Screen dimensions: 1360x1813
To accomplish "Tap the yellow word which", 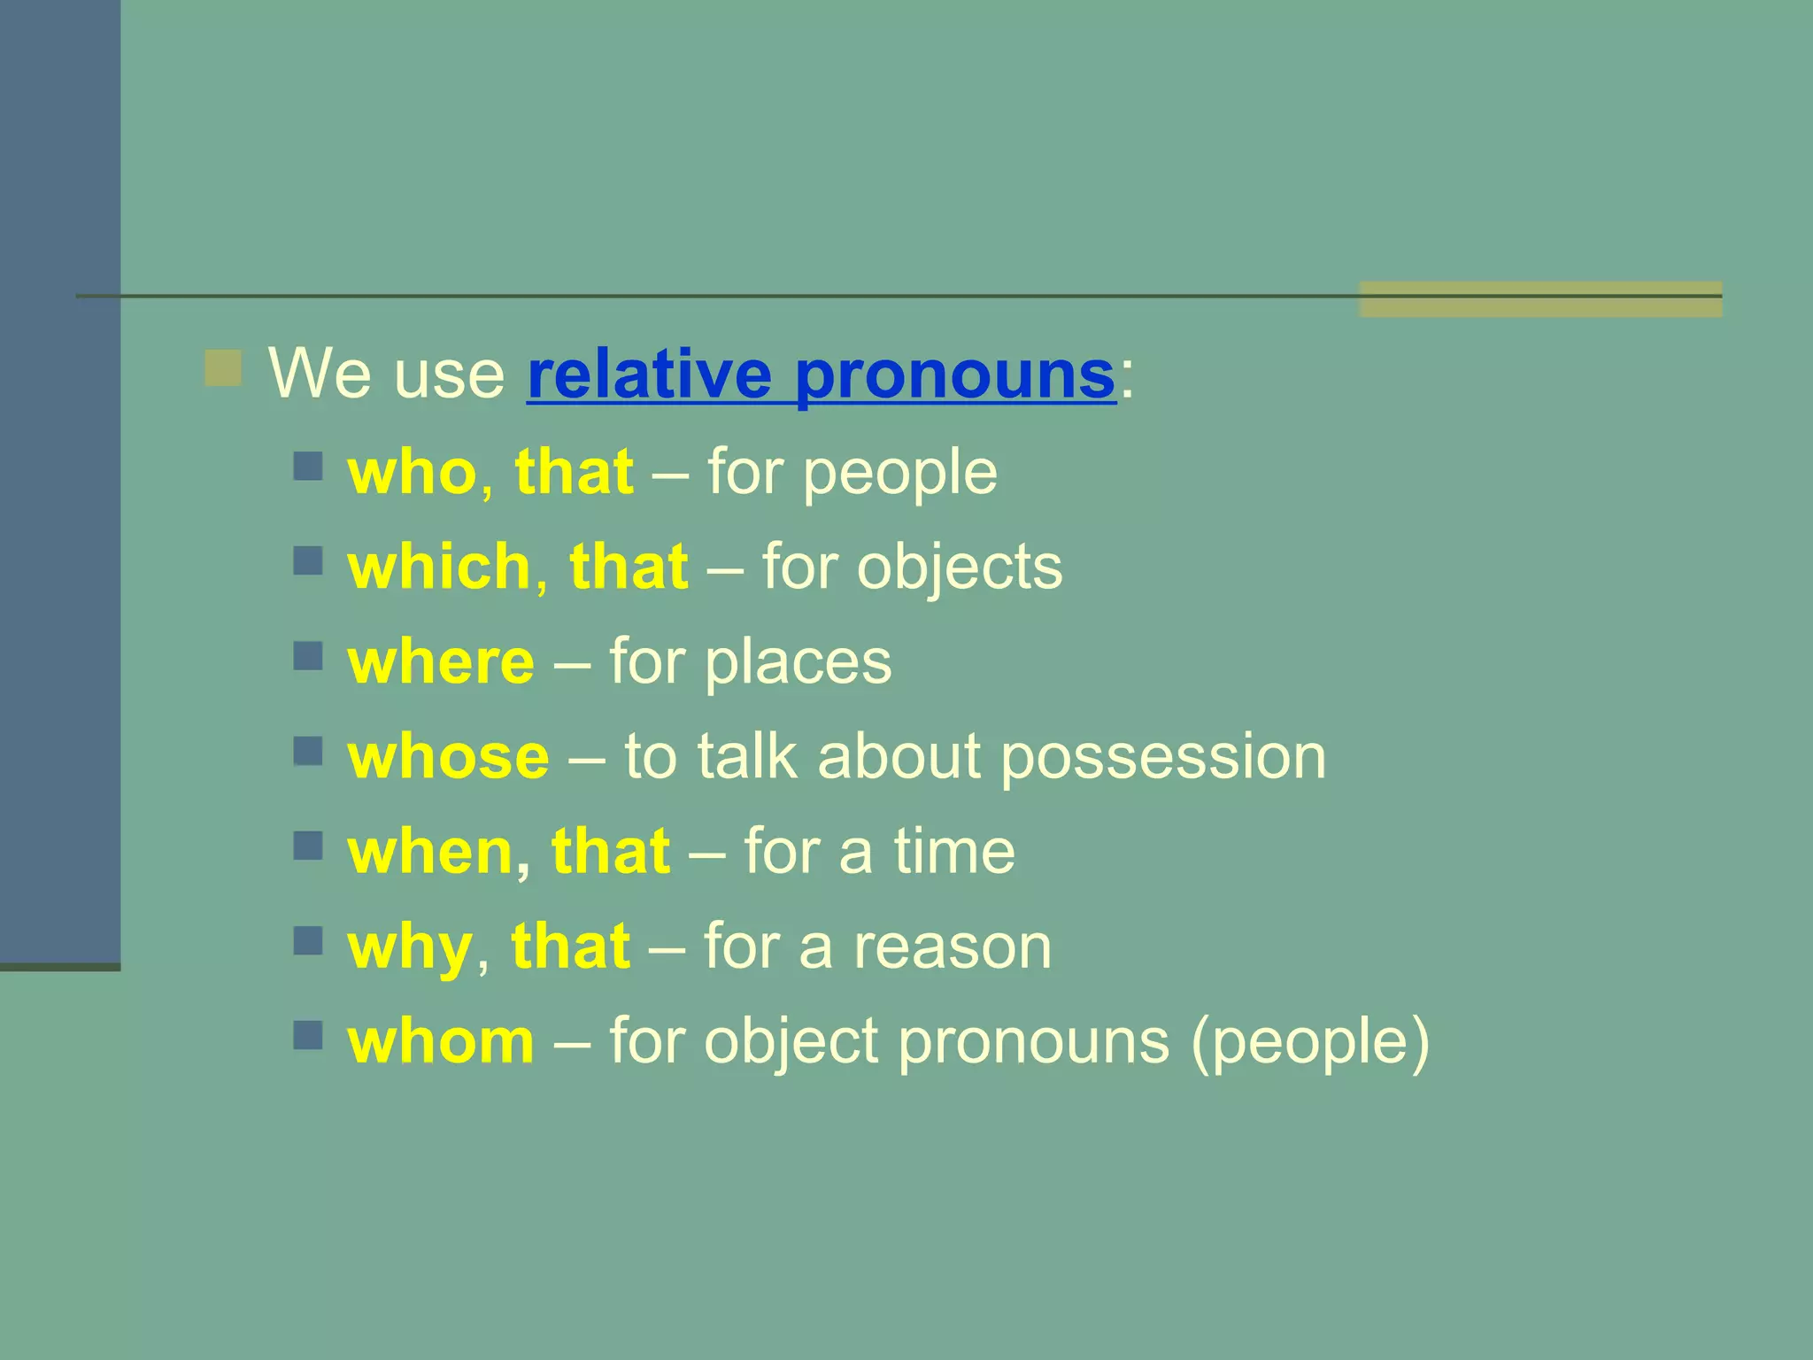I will pos(439,567).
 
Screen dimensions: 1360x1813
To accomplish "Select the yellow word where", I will pos(441,662).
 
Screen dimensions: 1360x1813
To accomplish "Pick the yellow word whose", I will pos(448,757).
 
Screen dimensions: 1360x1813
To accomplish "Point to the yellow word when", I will pos(430,852).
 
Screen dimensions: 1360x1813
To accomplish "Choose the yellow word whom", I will pos(441,1041).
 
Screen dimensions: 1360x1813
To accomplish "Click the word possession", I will pos(1162,759).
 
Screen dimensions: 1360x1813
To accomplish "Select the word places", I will pos(798,662).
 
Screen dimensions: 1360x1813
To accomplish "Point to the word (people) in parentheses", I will pos(1309,1043).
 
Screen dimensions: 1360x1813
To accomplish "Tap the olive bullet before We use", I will pos(223,368).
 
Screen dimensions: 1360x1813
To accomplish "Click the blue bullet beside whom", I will pos(308,1035).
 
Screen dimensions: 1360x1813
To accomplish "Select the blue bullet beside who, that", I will pos(308,466).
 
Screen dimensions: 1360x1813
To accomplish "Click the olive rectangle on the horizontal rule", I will pos(1539,299).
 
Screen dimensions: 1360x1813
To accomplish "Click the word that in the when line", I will pos(610,852).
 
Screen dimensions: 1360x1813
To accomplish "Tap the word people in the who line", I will pos(899,474).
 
